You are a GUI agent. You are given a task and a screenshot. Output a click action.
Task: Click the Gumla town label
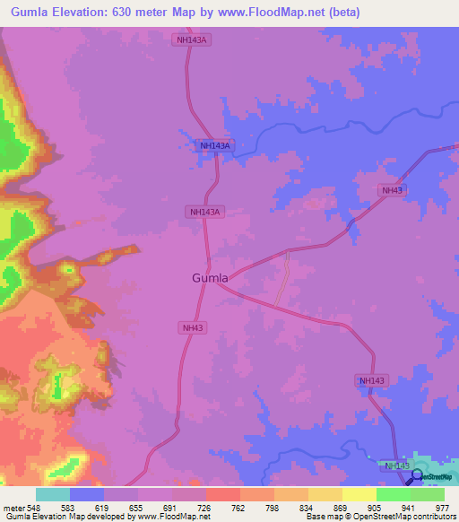(210, 278)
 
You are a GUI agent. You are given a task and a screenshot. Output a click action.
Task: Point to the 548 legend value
(34, 507)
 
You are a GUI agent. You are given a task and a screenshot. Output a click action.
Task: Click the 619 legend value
(103, 507)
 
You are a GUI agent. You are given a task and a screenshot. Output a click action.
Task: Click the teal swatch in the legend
(52, 494)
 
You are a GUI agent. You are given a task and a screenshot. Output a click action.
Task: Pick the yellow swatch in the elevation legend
(359, 494)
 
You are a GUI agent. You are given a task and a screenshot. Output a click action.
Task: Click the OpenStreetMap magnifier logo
(418, 476)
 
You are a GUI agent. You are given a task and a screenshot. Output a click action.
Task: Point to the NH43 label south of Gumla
(193, 328)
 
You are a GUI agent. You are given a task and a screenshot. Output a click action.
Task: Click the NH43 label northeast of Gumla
(392, 190)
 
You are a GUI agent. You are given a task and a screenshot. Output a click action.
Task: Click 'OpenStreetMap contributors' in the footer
(408, 517)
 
